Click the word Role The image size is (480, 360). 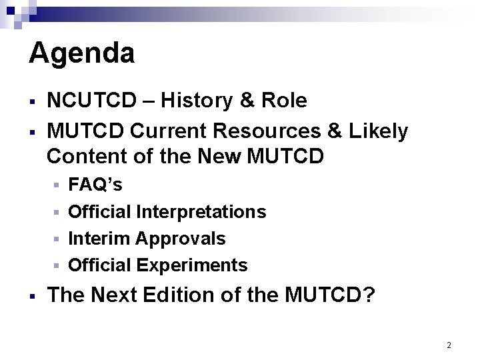point(285,101)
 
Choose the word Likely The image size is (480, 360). point(378,132)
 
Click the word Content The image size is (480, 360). point(85,158)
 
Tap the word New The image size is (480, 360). point(221,158)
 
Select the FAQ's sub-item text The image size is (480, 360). point(95,185)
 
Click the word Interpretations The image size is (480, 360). point(201,212)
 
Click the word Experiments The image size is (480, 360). point(192,265)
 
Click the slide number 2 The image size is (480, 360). point(449,345)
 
